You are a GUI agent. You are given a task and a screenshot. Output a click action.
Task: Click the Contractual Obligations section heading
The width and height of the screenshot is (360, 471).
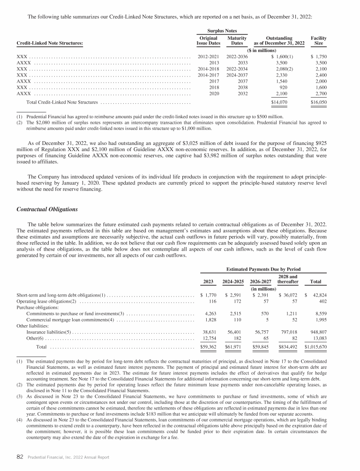[47, 209]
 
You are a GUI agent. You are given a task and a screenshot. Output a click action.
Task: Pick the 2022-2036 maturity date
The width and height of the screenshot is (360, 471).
[237, 56]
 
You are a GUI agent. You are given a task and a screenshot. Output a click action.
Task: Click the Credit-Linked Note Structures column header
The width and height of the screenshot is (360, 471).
[49, 44]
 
